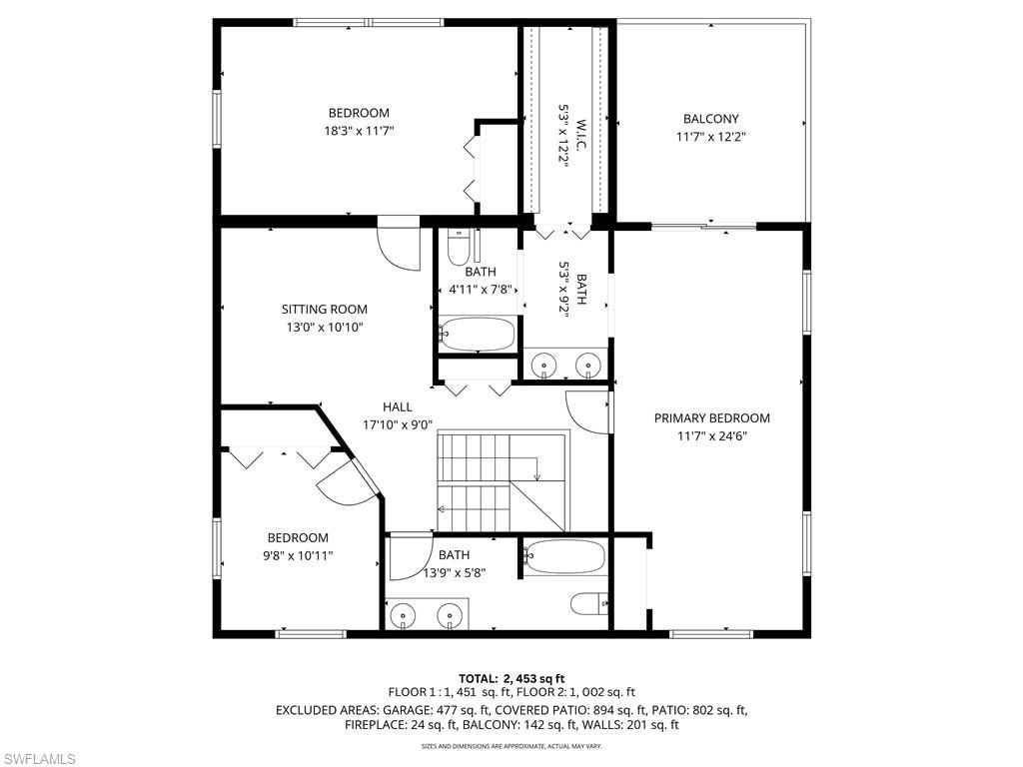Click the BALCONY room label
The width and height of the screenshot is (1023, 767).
coord(710,119)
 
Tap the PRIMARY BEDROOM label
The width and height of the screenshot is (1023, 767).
coord(711,418)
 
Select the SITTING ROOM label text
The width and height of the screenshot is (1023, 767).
coord(325,310)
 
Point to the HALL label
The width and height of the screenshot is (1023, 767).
coord(398,407)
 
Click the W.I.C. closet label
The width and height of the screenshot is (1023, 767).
coord(581,135)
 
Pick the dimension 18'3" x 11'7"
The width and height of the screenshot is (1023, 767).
coord(359,131)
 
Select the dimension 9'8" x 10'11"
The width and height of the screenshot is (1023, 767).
coord(298,555)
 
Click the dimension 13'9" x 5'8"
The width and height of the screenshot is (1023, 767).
coord(455,573)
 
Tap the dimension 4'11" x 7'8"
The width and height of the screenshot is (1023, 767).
coord(481,289)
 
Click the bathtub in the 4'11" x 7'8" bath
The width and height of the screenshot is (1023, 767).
coord(477,334)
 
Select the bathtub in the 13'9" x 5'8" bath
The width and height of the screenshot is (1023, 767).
coord(565,556)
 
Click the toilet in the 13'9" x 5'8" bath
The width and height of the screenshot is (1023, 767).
coord(589,603)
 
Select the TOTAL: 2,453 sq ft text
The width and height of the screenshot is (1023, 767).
coord(511,678)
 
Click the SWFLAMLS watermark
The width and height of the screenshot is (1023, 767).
coord(38,759)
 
